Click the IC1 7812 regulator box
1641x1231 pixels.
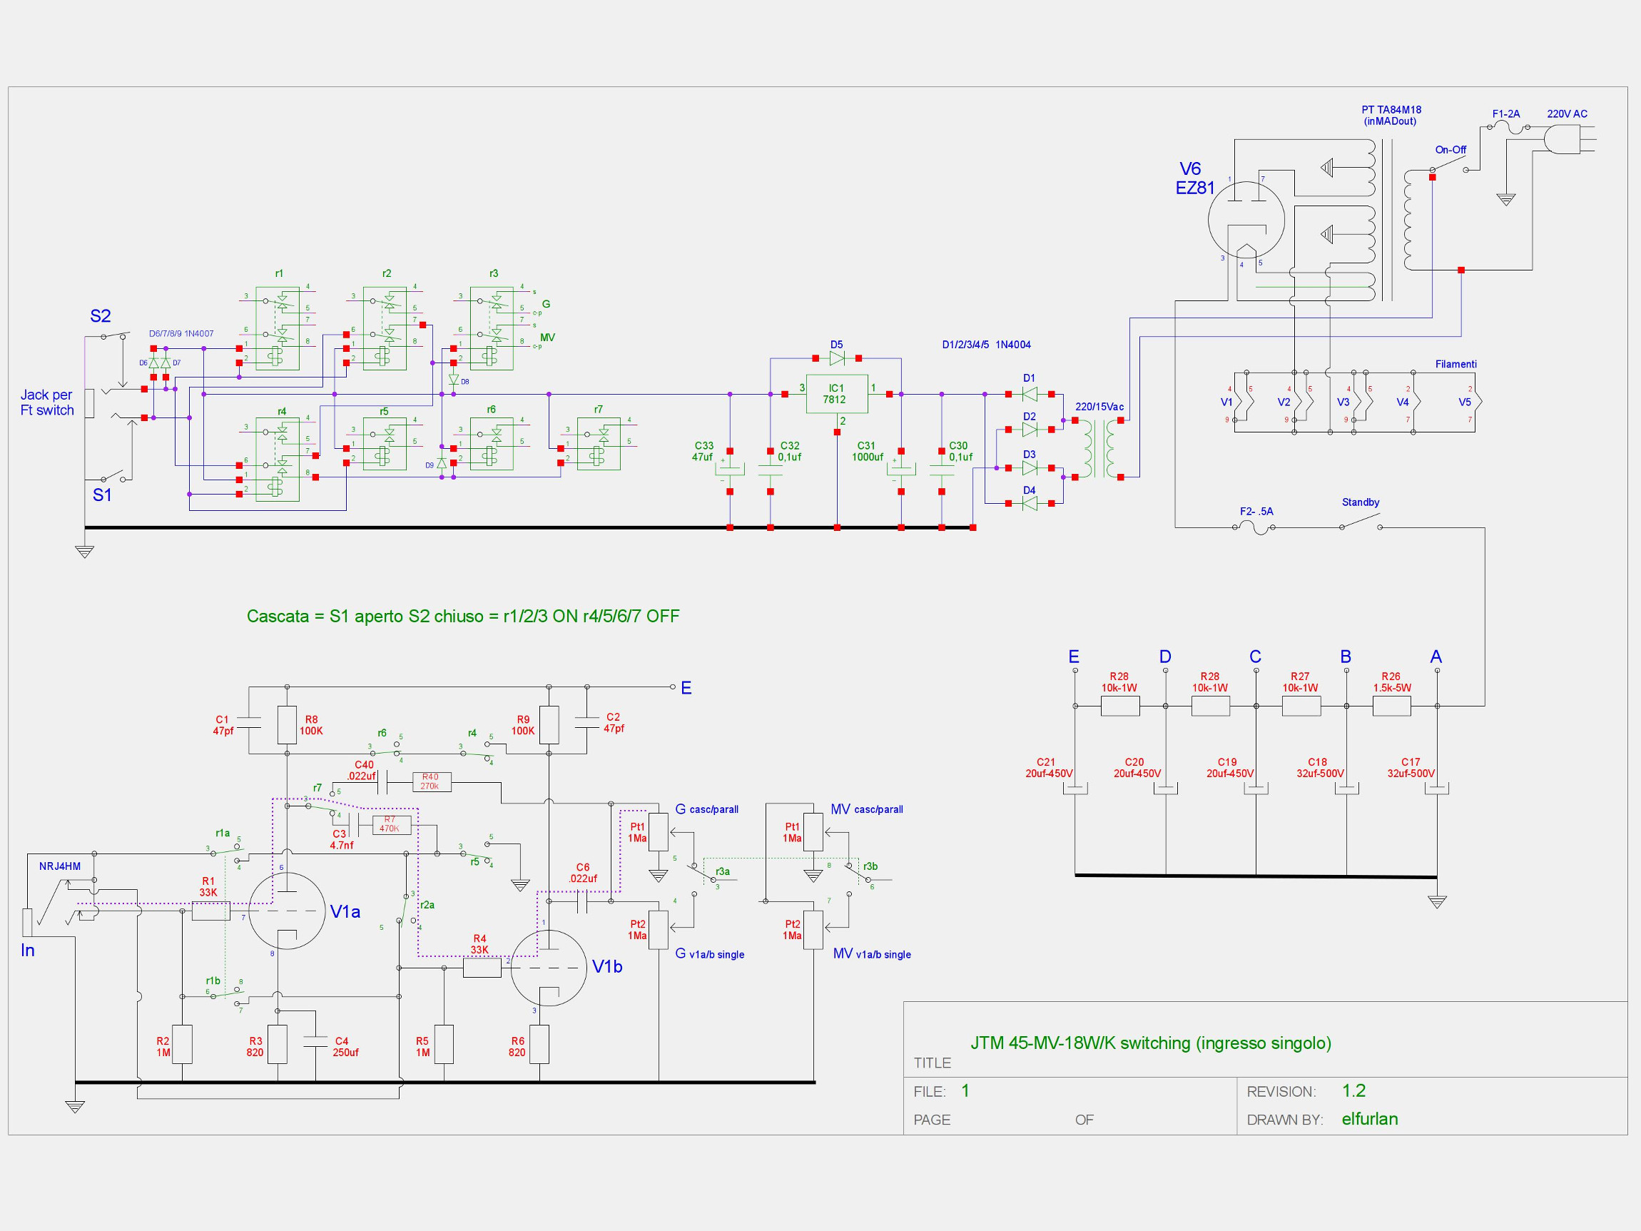(836, 394)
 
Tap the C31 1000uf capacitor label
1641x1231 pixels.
(868, 452)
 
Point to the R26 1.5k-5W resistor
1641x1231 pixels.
(1391, 705)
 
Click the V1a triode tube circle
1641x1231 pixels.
(286, 911)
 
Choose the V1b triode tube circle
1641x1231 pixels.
(548, 968)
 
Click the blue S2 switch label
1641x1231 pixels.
(100, 316)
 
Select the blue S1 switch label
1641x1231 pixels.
(101, 495)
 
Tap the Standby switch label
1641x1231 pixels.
(1361, 502)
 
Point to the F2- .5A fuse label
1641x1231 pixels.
(1256, 511)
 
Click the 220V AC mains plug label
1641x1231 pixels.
(1567, 114)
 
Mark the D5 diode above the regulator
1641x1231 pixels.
(837, 358)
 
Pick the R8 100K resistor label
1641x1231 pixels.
(311, 725)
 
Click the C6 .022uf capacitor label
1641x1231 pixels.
(583, 873)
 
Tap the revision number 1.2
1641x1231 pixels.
(1353, 1090)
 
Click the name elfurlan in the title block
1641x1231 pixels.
(1369, 1119)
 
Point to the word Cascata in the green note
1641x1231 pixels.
(278, 616)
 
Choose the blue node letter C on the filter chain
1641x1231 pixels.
(1255, 657)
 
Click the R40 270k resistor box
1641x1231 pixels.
(431, 781)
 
